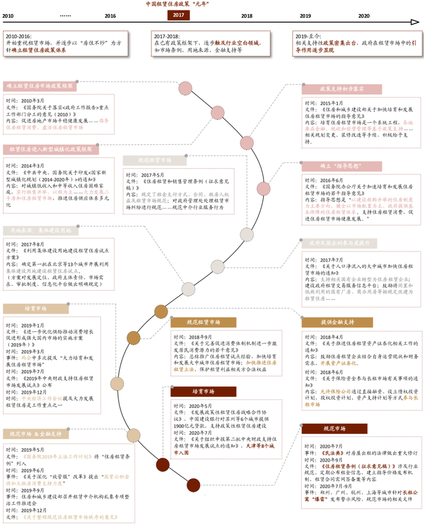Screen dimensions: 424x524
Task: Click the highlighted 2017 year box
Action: point(178,16)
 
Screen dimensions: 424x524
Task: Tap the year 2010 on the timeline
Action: point(8,16)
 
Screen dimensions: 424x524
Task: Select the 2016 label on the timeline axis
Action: point(110,16)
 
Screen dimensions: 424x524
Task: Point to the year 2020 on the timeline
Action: point(364,16)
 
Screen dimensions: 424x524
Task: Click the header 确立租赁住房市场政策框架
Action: point(39,86)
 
